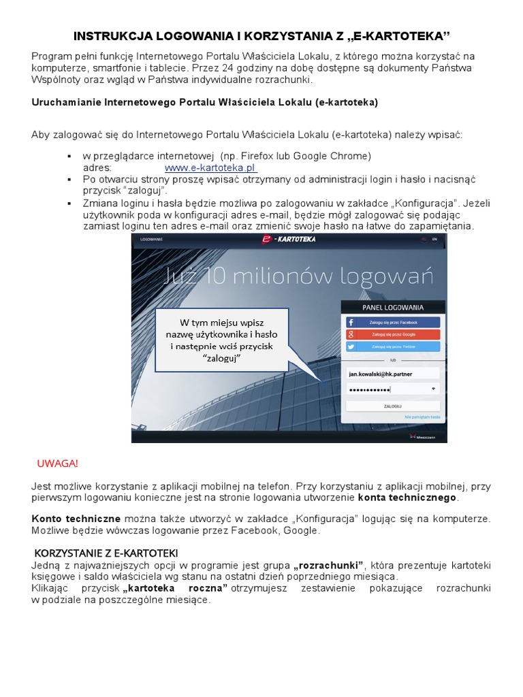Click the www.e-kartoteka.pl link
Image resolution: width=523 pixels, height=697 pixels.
[210, 167]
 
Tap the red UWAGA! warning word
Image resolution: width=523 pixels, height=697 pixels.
[58, 464]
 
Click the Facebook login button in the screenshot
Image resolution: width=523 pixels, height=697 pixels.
[394, 322]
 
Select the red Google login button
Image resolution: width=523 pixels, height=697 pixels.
[394, 334]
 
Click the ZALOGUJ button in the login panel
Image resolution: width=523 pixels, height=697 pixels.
[393, 406]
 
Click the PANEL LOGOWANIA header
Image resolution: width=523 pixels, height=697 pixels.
[393, 308]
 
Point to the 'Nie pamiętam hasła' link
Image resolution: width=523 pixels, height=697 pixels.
[422, 417]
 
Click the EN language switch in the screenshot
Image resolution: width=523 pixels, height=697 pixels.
[434, 240]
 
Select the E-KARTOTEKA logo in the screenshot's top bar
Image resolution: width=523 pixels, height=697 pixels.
[289, 240]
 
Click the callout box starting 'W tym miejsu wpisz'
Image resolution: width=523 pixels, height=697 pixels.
[222, 340]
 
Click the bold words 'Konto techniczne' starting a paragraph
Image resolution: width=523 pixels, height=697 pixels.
[76, 518]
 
